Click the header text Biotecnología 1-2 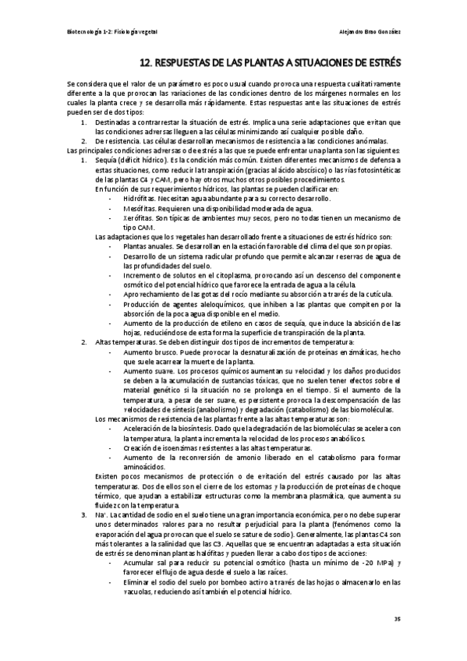[x=87, y=32]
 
